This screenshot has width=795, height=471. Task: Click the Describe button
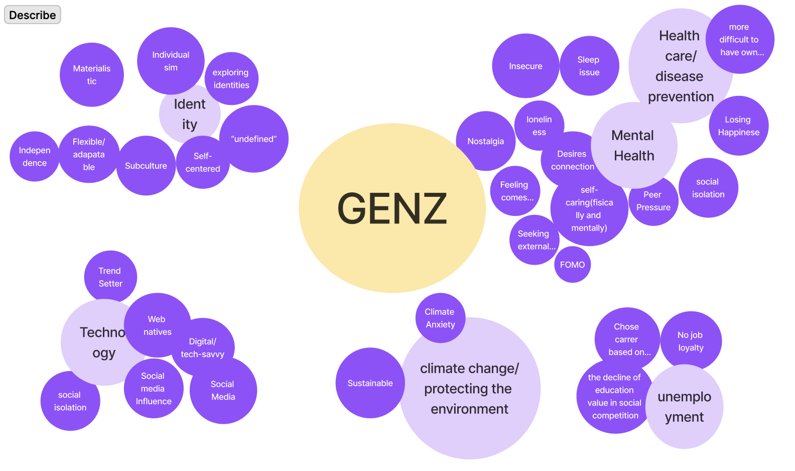[x=33, y=15]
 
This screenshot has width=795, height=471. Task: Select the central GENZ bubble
[x=392, y=208]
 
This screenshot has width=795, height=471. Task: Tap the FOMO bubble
[x=572, y=265]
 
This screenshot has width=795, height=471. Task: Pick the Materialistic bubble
[x=91, y=75]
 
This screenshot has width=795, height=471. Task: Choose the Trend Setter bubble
[x=110, y=277]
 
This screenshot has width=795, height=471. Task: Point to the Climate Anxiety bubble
[x=440, y=318]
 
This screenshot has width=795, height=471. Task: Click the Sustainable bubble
[x=370, y=383]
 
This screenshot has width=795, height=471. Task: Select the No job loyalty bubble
[x=691, y=341]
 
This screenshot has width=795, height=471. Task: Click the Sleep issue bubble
[x=589, y=66]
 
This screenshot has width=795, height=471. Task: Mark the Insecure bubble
[x=525, y=66]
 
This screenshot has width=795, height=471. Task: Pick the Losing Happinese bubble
[x=738, y=126]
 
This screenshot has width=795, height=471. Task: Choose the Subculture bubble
[x=146, y=166]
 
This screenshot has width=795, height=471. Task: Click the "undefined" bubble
[x=254, y=139]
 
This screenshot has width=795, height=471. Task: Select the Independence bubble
[x=34, y=157]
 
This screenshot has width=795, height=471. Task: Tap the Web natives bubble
[x=157, y=325]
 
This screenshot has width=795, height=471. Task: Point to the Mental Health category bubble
[x=633, y=145]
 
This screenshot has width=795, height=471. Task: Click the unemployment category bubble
[x=684, y=407]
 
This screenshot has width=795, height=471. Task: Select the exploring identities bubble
[x=231, y=78]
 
